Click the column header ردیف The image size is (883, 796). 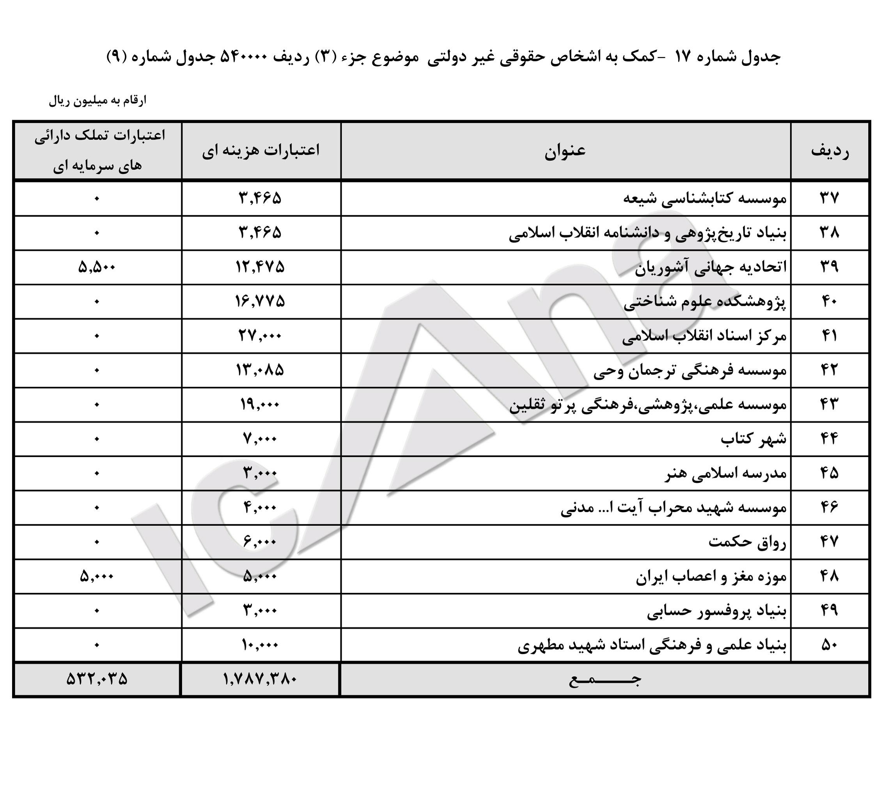pyautogui.click(x=830, y=151)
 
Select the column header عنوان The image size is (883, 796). pyautogui.click(x=565, y=151)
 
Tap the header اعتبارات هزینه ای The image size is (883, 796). pyautogui.click(x=261, y=151)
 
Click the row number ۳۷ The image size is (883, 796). pyautogui.click(x=829, y=199)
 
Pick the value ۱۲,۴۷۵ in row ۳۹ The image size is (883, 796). pyautogui.click(x=260, y=267)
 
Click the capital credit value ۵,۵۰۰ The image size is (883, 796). pyautogui.click(x=97, y=267)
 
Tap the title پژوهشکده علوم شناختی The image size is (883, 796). pyautogui.click(x=704, y=302)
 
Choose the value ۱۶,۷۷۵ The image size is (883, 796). pyautogui.click(x=260, y=301)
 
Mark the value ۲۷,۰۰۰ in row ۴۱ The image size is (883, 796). pyautogui.click(x=260, y=336)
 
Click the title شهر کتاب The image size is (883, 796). pyautogui.click(x=753, y=439)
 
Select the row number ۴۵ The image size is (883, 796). pyautogui.click(x=829, y=473)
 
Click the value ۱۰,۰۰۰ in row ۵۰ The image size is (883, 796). pyautogui.click(x=260, y=645)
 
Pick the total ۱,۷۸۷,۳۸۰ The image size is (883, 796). pyautogui.click(x=260, y=679)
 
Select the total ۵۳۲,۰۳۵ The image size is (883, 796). pyautogui.click(x=97, y=679)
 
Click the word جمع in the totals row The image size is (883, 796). pyautogui.click(x=605, y=680)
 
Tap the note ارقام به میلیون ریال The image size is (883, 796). pyautogui.click(x=98, y=101)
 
